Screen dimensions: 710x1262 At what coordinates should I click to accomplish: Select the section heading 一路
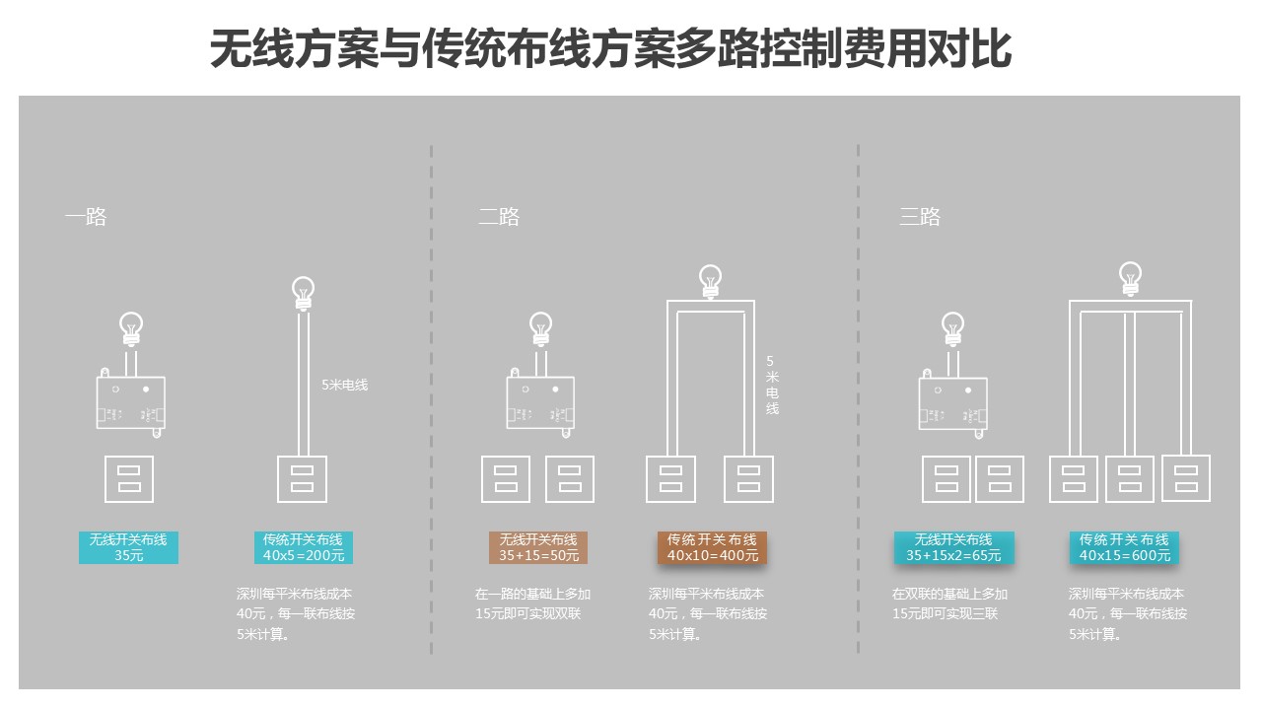tap(86, 217)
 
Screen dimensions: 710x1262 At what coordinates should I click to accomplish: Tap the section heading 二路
tap(499, 217)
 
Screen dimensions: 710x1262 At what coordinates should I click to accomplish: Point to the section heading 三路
tap(920, 217)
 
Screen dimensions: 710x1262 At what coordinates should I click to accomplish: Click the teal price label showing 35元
tap(128, 547)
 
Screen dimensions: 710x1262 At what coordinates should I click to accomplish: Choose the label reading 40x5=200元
tap(303, 547)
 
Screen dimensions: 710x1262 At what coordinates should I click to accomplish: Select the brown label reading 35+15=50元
tap(537, 547)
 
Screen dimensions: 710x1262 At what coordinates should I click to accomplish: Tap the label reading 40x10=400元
tap(712, 547)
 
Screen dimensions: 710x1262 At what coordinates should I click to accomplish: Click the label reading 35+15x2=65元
tap(953, 547)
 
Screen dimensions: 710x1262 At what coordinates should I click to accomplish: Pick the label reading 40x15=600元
tap(1124, 547)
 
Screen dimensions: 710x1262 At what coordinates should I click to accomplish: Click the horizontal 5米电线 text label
tap(344, 385)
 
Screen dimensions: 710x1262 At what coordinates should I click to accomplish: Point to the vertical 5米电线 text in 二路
tap(772, 385)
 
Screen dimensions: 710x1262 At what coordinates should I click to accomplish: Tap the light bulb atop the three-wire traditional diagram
tap(1131, 279)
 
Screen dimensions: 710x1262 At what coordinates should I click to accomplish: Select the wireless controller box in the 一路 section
tap(130, 402)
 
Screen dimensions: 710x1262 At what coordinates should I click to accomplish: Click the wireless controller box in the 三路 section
tap(952, 402)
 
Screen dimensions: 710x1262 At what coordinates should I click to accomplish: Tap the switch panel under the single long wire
tap(303, 478)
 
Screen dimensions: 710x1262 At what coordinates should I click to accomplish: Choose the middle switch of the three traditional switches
tap(1130, 478)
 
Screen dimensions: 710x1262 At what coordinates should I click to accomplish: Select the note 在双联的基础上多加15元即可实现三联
tap(949, 603)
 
